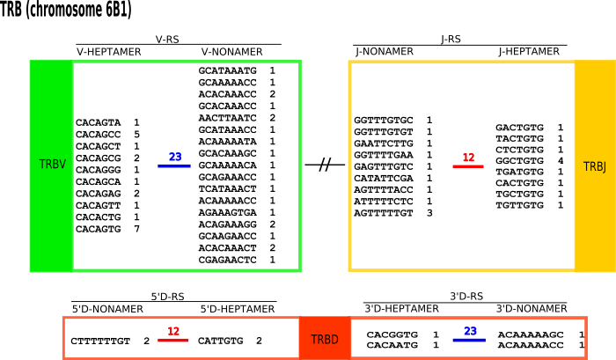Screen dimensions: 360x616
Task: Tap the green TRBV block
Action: [51, 165]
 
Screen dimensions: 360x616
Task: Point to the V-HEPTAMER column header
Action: [109, 52]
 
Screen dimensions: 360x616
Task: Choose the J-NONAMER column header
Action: [385, 52]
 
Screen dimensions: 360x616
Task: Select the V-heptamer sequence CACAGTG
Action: [99, 228]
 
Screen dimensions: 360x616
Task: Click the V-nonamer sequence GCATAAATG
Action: [227, 69]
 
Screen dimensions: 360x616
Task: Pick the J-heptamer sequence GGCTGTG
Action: [519, 161]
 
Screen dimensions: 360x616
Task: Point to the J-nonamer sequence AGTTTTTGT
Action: [387, 212]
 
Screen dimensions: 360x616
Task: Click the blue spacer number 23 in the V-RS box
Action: [175, 158]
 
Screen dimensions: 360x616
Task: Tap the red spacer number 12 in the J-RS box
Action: [468, 158]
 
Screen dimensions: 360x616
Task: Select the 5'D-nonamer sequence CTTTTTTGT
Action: [100, 340]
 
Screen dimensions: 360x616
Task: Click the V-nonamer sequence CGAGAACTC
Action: [227, 261]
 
